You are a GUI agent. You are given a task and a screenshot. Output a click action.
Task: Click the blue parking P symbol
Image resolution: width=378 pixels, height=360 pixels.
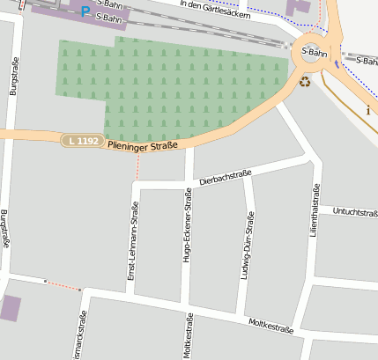pos(85,11)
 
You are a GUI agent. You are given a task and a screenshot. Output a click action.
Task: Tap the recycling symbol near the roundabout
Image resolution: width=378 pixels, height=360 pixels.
pos(305,82)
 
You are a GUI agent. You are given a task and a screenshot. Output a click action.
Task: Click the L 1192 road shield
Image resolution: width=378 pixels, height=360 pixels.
pos(83,141)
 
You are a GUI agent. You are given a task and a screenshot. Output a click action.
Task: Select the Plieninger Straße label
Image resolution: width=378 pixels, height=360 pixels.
pos(143,144)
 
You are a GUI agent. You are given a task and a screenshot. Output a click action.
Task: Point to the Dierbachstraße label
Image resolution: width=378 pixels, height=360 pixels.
pos(226,176)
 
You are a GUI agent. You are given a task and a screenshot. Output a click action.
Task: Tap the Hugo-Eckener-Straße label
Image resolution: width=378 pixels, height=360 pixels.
pos(187,225)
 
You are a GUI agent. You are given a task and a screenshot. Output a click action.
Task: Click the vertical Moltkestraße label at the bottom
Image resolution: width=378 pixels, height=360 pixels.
pos(188,340)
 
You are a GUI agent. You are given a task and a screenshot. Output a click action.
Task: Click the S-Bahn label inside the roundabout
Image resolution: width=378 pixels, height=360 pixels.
pos(315,52)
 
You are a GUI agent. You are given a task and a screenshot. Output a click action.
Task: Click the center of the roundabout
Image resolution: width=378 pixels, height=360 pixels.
pos(314,52)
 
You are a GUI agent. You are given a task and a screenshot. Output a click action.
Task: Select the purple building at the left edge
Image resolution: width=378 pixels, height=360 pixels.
pos(10,308)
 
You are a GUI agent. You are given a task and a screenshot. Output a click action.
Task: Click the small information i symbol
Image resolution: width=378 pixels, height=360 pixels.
pos(367,110)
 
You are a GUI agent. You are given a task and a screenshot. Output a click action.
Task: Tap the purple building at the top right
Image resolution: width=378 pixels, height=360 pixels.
pos(298,7)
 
